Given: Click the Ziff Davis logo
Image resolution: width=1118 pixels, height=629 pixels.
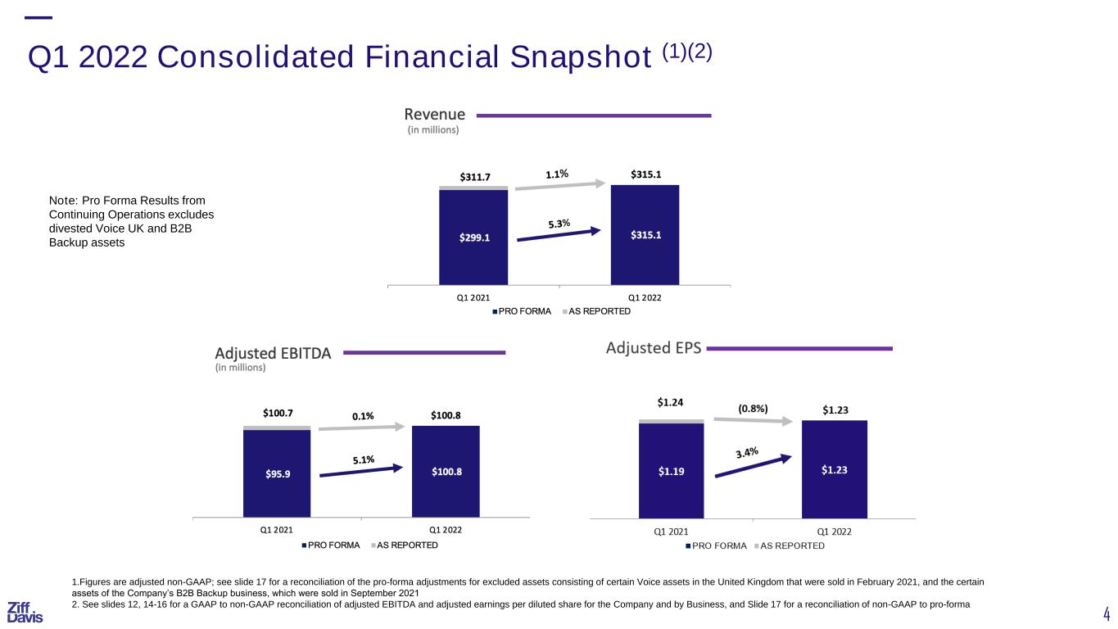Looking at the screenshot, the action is click(x=25, y=612).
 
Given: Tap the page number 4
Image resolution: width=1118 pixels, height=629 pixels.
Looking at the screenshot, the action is click(x=1106, y=613).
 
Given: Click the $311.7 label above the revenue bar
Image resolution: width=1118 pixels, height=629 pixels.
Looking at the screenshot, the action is click(x=475, y=177).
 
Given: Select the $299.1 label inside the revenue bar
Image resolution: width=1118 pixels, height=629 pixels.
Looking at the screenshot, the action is click(x=474, y=238).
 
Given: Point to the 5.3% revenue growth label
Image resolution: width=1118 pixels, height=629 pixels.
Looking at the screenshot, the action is click(x=559, y=224).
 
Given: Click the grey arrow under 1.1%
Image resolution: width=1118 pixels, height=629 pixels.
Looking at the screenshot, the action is click(x=560, y=186).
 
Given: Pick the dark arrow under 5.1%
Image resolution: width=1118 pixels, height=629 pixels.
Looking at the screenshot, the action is click(x=361, y=471).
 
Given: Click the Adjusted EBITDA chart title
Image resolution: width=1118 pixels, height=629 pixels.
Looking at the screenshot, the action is click(x=273, y=354).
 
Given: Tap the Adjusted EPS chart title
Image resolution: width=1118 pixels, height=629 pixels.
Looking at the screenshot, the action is click(x=654, y=348).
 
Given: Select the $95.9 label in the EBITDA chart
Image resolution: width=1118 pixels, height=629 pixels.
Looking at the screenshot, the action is click(x=278, y=473).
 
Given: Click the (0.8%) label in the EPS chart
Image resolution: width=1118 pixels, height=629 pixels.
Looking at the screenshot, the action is click(x=753, y=409).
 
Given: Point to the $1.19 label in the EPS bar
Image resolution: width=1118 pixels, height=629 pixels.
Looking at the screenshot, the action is click(x=671, y=471).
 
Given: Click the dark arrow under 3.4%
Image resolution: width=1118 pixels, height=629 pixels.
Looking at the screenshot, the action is click(x=754, y=466).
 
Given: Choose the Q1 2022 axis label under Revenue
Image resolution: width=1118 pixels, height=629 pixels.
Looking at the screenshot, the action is click(x=645, y=298).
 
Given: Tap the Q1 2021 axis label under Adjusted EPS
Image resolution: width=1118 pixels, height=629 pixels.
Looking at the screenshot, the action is click(x=671, y=532).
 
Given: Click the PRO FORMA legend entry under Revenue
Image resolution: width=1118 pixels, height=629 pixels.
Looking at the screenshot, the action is click(x=522, y=311).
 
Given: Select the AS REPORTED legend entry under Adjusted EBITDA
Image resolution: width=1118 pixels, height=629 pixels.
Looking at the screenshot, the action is click(x=405, y=545).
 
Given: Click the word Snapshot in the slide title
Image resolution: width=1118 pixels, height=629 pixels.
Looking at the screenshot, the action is click(x=581, y=57).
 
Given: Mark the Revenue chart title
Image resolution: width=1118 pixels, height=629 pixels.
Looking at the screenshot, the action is click(x=434, y=115).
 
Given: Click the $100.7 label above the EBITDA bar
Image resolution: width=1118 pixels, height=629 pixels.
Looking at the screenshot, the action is click(x=278, y=413).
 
